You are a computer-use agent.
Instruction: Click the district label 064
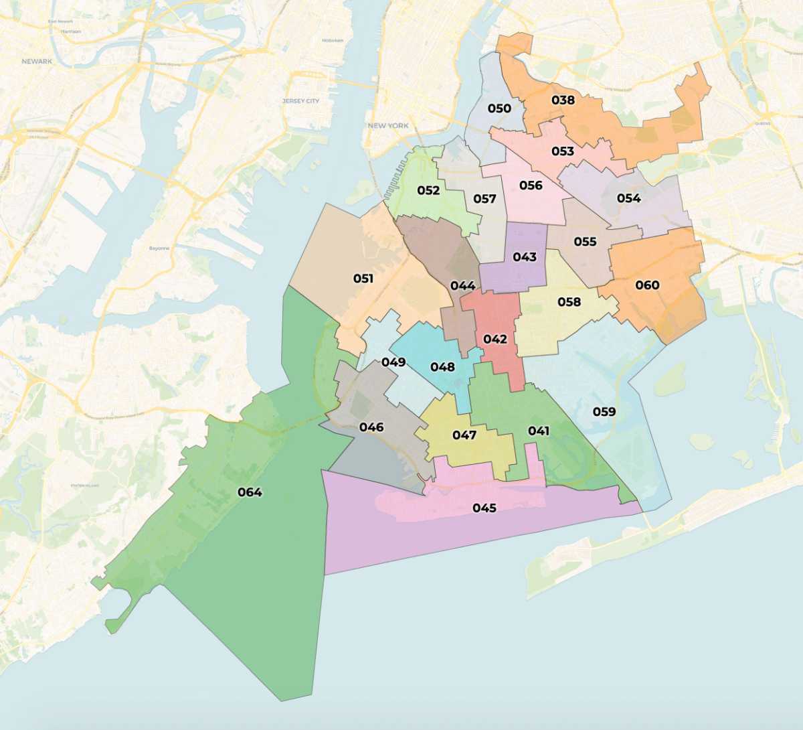(x=250, y=492)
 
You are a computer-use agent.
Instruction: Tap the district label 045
(x=484, y=508)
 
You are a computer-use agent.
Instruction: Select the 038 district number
(x=563, y=100)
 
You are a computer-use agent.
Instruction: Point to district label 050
(x=499, y=108)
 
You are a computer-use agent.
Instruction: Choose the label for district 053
(x=563, y=151)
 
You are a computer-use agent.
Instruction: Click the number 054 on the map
(x=628, y=198)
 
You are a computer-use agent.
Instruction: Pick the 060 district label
(x=647, y=285)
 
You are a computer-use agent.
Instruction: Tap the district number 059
(x=604, y=411)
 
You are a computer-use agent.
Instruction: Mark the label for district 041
(x=539, y=431)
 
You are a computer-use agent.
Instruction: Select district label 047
(x=464, y=435)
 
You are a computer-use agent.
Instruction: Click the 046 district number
(x=371, y=427)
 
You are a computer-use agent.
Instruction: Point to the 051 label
(x=363, y=279)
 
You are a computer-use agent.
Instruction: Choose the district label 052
(x=428, y=190)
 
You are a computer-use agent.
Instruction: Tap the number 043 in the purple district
(x=525, y=257)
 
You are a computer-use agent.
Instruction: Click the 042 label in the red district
(x=495, y=340)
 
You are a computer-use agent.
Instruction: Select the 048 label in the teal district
(x=442, y=367)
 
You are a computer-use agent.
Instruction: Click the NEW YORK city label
(x=388, y=126)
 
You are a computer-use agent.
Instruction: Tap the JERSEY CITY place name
(x=300, y=101)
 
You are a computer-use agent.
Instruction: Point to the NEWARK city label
(x=37, y=62)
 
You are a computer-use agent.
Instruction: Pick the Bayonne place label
(x=159, y=248)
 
